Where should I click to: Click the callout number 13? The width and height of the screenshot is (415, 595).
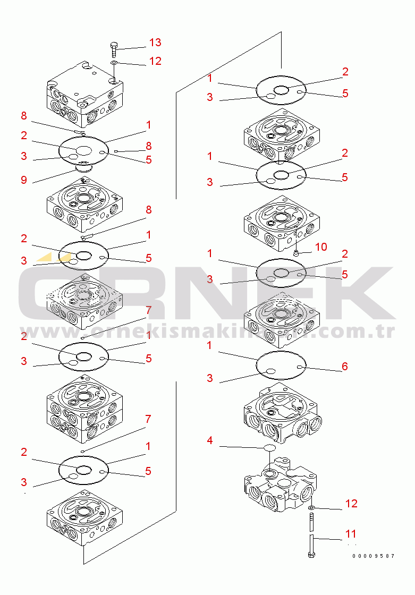coord(155,42)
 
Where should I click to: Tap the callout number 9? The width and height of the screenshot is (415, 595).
coord(24,180)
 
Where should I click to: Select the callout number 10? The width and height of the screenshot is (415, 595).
coord(321,247)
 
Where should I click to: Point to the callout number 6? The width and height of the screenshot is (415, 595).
coord(344,366)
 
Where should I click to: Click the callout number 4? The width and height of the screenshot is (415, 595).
coord(210,440)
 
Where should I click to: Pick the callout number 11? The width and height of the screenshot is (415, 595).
coord(351,534)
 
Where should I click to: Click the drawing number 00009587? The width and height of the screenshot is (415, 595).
coord(373,556)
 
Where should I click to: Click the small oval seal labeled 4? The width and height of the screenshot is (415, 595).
coord(269,448)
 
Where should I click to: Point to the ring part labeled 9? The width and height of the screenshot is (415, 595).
coord(83,167)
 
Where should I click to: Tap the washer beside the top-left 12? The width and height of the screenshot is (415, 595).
coord(114,62)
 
